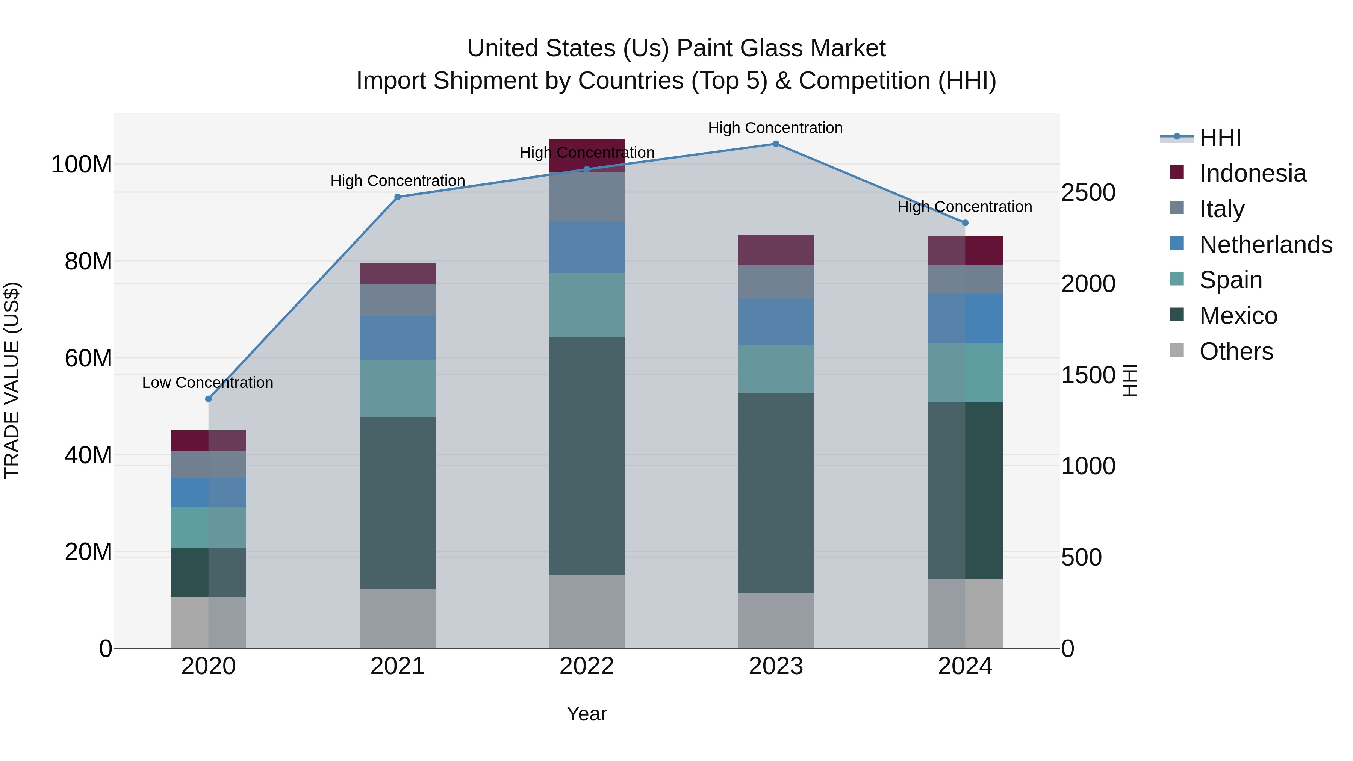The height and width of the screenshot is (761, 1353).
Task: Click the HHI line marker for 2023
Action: (776, 144)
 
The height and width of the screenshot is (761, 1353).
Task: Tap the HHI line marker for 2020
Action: (209, 399)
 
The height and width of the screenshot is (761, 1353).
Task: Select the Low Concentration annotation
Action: (207, 383)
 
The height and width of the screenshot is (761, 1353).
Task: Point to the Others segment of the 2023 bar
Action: (776, 621)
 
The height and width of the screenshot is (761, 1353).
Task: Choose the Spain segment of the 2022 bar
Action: (587, 305)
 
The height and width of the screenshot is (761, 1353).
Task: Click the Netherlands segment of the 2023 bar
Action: (776, 322)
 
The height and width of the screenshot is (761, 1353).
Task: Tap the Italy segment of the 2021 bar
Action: (398, 300)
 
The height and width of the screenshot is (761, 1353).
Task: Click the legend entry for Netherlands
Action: (1265, 245)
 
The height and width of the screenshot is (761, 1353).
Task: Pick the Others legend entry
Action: (1236, 351)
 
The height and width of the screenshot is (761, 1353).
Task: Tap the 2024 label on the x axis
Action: (965, 667)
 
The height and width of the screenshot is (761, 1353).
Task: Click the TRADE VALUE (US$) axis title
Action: (12, 380)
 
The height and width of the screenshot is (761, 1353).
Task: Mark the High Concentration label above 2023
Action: (775, 128)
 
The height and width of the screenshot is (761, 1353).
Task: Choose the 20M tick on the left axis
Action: (88, 552)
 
